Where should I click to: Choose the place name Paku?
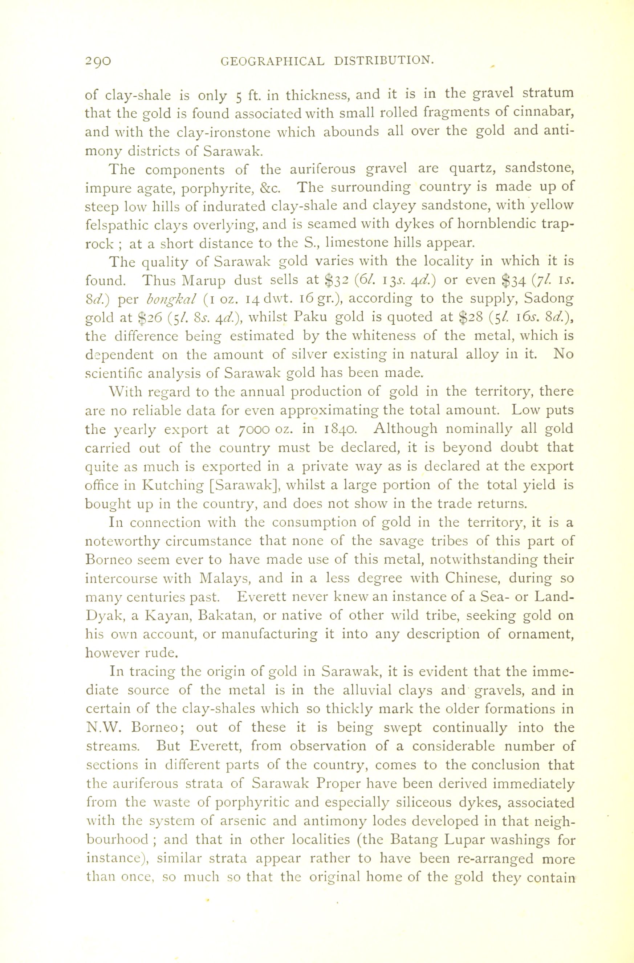[x=311, y=317]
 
